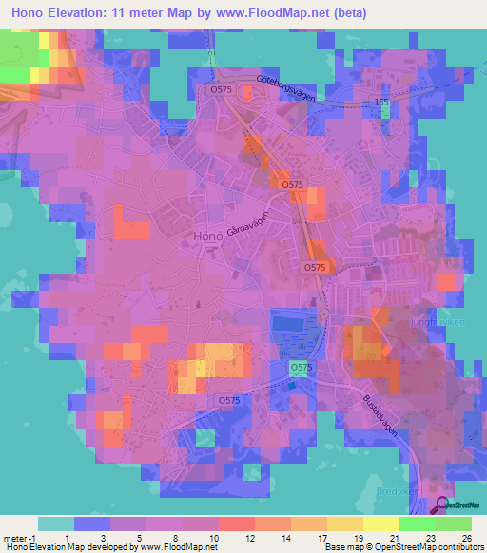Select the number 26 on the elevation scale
(466, 538)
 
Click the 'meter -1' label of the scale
(19, 538)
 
